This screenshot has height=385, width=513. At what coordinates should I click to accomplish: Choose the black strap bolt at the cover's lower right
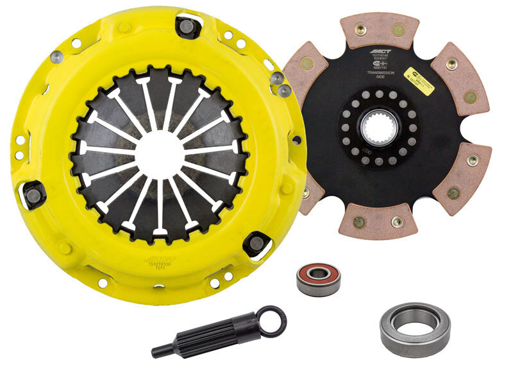[256, 242]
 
